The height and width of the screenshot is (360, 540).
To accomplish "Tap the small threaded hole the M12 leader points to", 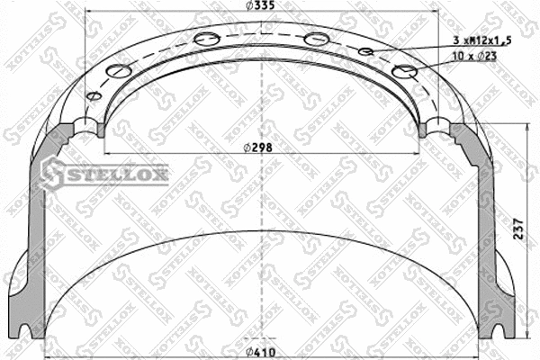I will pos(365,52).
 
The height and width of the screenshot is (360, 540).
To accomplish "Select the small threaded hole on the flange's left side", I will pos(91,97).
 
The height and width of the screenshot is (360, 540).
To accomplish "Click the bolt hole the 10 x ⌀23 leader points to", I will pos(405,72).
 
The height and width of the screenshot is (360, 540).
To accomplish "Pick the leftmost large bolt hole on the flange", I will pos(118,71).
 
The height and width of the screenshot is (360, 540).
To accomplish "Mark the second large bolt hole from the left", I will pos(205,38).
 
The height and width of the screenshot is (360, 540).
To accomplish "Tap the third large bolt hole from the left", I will pos(316,39).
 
